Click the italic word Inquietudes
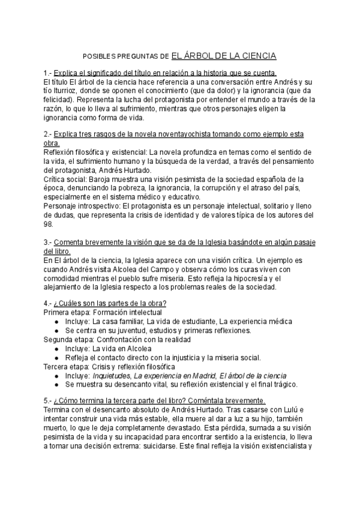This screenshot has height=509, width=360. [113, 375]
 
